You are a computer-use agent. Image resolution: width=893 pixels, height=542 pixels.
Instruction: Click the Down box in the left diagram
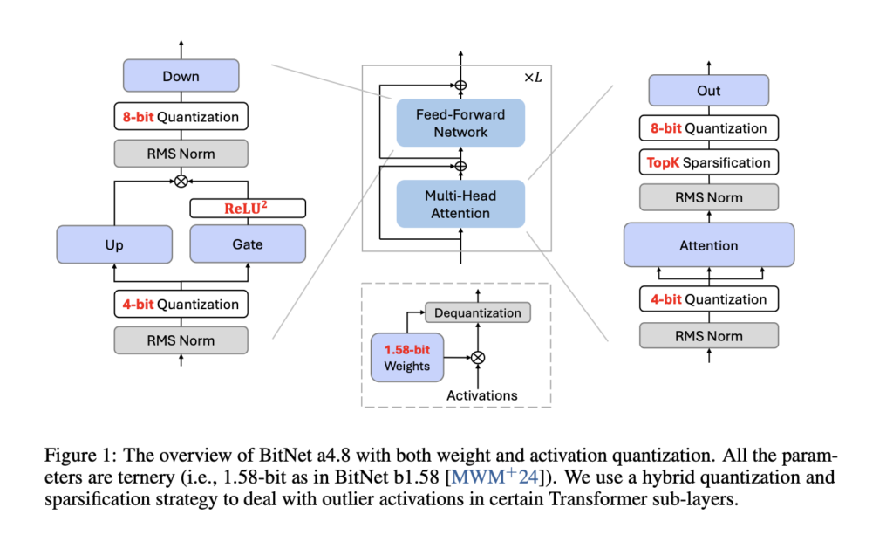click(x=181, y=76)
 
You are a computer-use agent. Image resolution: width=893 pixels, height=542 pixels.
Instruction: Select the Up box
click(x=113, y=244)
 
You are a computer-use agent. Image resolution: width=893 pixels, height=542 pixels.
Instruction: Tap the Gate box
click(x=248, y=244)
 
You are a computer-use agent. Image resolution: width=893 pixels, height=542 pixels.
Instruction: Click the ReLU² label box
click(x=248, y=208)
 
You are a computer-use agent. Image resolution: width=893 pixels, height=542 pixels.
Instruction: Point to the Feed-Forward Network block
click(x=460, y=123)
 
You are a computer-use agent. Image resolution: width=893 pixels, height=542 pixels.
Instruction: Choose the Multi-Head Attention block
click(x=460, y=204)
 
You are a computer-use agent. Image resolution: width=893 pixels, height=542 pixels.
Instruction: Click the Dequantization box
click(x=477, y=312)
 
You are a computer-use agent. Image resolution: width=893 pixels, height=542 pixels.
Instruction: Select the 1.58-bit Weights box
click(x=407, y=357)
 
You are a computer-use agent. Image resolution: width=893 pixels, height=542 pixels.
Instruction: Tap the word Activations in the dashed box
click(x=481, y=395)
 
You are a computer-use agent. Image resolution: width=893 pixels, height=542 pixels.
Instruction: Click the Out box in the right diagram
click(x=708, y=91)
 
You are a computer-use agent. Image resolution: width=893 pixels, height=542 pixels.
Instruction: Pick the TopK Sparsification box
click(x=708, y=162)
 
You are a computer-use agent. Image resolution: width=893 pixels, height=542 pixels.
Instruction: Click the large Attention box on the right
click(x=708, y=245)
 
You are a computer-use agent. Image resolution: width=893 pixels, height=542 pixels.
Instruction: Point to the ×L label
click(x=532, y=77)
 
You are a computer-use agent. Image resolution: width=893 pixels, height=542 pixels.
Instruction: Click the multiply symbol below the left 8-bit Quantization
click(x=181, y=182)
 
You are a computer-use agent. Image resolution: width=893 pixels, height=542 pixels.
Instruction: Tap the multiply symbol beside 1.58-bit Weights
click(x=477, y=357)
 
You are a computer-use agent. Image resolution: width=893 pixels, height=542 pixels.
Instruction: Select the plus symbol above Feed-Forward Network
click(x=460, y=86)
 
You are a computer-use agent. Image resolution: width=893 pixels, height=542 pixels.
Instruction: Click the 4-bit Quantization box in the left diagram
click(x=181, y=304)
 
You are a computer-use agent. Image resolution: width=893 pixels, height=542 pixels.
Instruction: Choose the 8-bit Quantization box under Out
click(x=708, y=128)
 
